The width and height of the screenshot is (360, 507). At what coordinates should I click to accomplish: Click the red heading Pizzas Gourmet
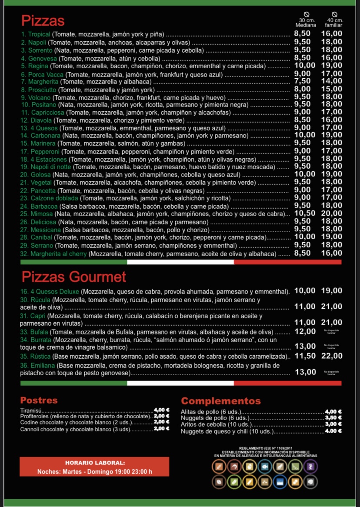click(x=74, y=277)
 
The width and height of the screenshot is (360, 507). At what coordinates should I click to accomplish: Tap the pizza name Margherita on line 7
click(x=43, y=81)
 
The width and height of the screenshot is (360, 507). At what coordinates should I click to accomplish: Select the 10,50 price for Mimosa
click(x=305, y=213)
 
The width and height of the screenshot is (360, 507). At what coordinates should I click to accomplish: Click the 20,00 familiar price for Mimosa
click(x=332, y=213)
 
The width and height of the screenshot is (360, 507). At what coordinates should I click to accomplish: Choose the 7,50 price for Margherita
click(x=303, y=81)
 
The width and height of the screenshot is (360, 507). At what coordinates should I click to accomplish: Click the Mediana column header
click(x=306, y=25)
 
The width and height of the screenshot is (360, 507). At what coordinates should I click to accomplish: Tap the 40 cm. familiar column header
click(x=334, y=23)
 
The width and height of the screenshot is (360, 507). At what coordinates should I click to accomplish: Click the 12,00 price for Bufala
click(x=305, y=331)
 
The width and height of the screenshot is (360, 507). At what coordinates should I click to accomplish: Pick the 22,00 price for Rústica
click(x=332, y=356)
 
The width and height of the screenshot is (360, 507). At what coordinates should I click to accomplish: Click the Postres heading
click(x=39, y=400)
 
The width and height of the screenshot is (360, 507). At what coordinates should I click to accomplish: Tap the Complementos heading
click(x=221, y=401)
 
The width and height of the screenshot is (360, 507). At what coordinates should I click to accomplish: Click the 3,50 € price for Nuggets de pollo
click(x=333, y=418)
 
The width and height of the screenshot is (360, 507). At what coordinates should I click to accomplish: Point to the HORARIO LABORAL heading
click(x=95, y=463)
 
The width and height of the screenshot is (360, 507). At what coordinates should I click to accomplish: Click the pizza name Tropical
click(x=40, y=34)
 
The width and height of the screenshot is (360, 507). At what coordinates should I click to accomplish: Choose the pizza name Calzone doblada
click(x=54, y=198)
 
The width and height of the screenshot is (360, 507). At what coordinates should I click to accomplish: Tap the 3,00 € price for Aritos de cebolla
click(x=333, y=424)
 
